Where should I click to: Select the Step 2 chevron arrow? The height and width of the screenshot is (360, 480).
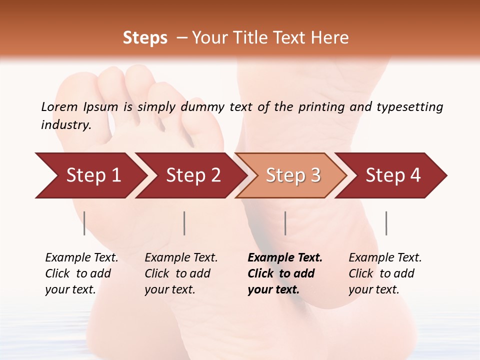[193, 175]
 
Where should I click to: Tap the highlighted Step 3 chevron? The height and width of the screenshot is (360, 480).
[293, 175]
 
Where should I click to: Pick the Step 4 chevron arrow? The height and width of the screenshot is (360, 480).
[393, 175]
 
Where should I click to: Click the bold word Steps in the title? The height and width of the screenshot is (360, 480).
[145, 38]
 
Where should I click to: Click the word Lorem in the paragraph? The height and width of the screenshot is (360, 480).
[59, 106]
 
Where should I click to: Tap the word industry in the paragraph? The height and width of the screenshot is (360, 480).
[65, 125]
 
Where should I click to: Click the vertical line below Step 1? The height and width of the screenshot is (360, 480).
[84, 223]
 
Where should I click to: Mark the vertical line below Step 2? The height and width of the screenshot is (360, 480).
[184, 223]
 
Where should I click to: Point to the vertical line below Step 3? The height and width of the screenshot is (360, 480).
[285, 223]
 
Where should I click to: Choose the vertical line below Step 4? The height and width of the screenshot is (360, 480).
[386, 223]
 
